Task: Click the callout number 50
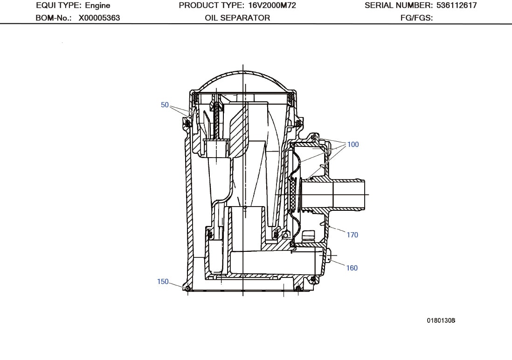165,105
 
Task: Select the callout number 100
353,145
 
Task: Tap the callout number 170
352,235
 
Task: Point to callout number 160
352,268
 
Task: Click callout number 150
163,282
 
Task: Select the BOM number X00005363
99,18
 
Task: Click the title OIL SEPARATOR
237,18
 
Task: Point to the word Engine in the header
97,6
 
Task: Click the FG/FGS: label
416,18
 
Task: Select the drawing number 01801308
441,320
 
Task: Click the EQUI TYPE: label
59,6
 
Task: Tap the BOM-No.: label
53,18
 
